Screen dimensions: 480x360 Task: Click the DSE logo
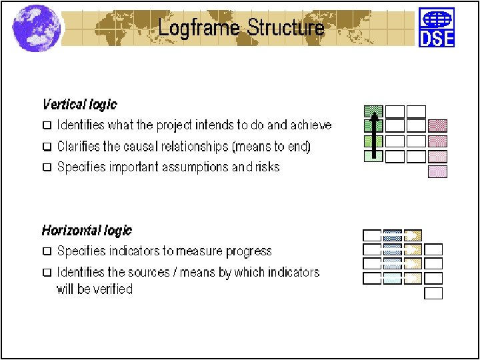437,27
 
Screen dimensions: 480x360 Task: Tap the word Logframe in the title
199,28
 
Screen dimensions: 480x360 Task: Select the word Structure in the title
285,28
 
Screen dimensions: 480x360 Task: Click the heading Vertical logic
79,105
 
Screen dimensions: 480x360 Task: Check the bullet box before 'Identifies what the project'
47,125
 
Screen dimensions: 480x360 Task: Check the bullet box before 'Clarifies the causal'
47,147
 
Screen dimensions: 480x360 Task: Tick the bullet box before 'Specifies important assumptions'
47,167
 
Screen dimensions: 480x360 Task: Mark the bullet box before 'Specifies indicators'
47,252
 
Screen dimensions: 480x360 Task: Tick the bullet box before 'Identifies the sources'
47,273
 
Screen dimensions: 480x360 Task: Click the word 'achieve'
310,125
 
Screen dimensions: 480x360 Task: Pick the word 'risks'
267,167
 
